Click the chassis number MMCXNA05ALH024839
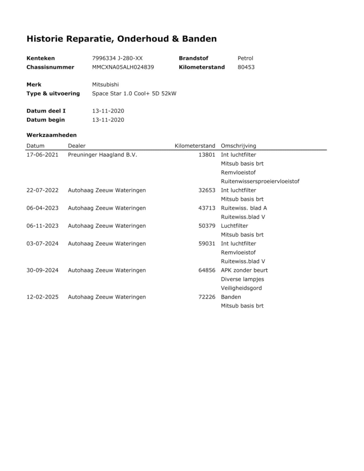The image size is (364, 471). tap(123, 67)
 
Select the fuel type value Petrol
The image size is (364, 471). tap(245, 58)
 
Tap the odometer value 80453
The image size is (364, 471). tap(246, 67)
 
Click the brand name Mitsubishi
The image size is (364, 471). tap(105, 84)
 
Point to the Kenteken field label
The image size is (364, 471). tap(41, 58)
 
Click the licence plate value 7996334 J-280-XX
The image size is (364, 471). tap(117, 58)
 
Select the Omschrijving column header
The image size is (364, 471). tap(238, 146)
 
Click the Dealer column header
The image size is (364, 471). tap(76, 146)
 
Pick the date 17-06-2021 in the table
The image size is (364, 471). tap(42, 155)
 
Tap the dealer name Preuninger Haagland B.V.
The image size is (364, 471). tap(102, 155)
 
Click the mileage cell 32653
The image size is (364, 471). tap(207, 190)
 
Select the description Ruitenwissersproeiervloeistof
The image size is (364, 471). tap(260, 181)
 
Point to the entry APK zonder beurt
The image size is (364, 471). tap(244, 270)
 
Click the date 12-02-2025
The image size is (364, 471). tap(42, 297)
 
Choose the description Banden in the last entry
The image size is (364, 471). tap(231, 297)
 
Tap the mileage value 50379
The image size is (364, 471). tap(207, 226)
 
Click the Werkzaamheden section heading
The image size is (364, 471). tap(51, 135)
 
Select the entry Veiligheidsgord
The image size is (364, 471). tap(241, 288)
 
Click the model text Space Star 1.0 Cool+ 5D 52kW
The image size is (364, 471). tap(134, 94)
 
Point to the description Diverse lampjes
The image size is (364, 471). tap(242, 279)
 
